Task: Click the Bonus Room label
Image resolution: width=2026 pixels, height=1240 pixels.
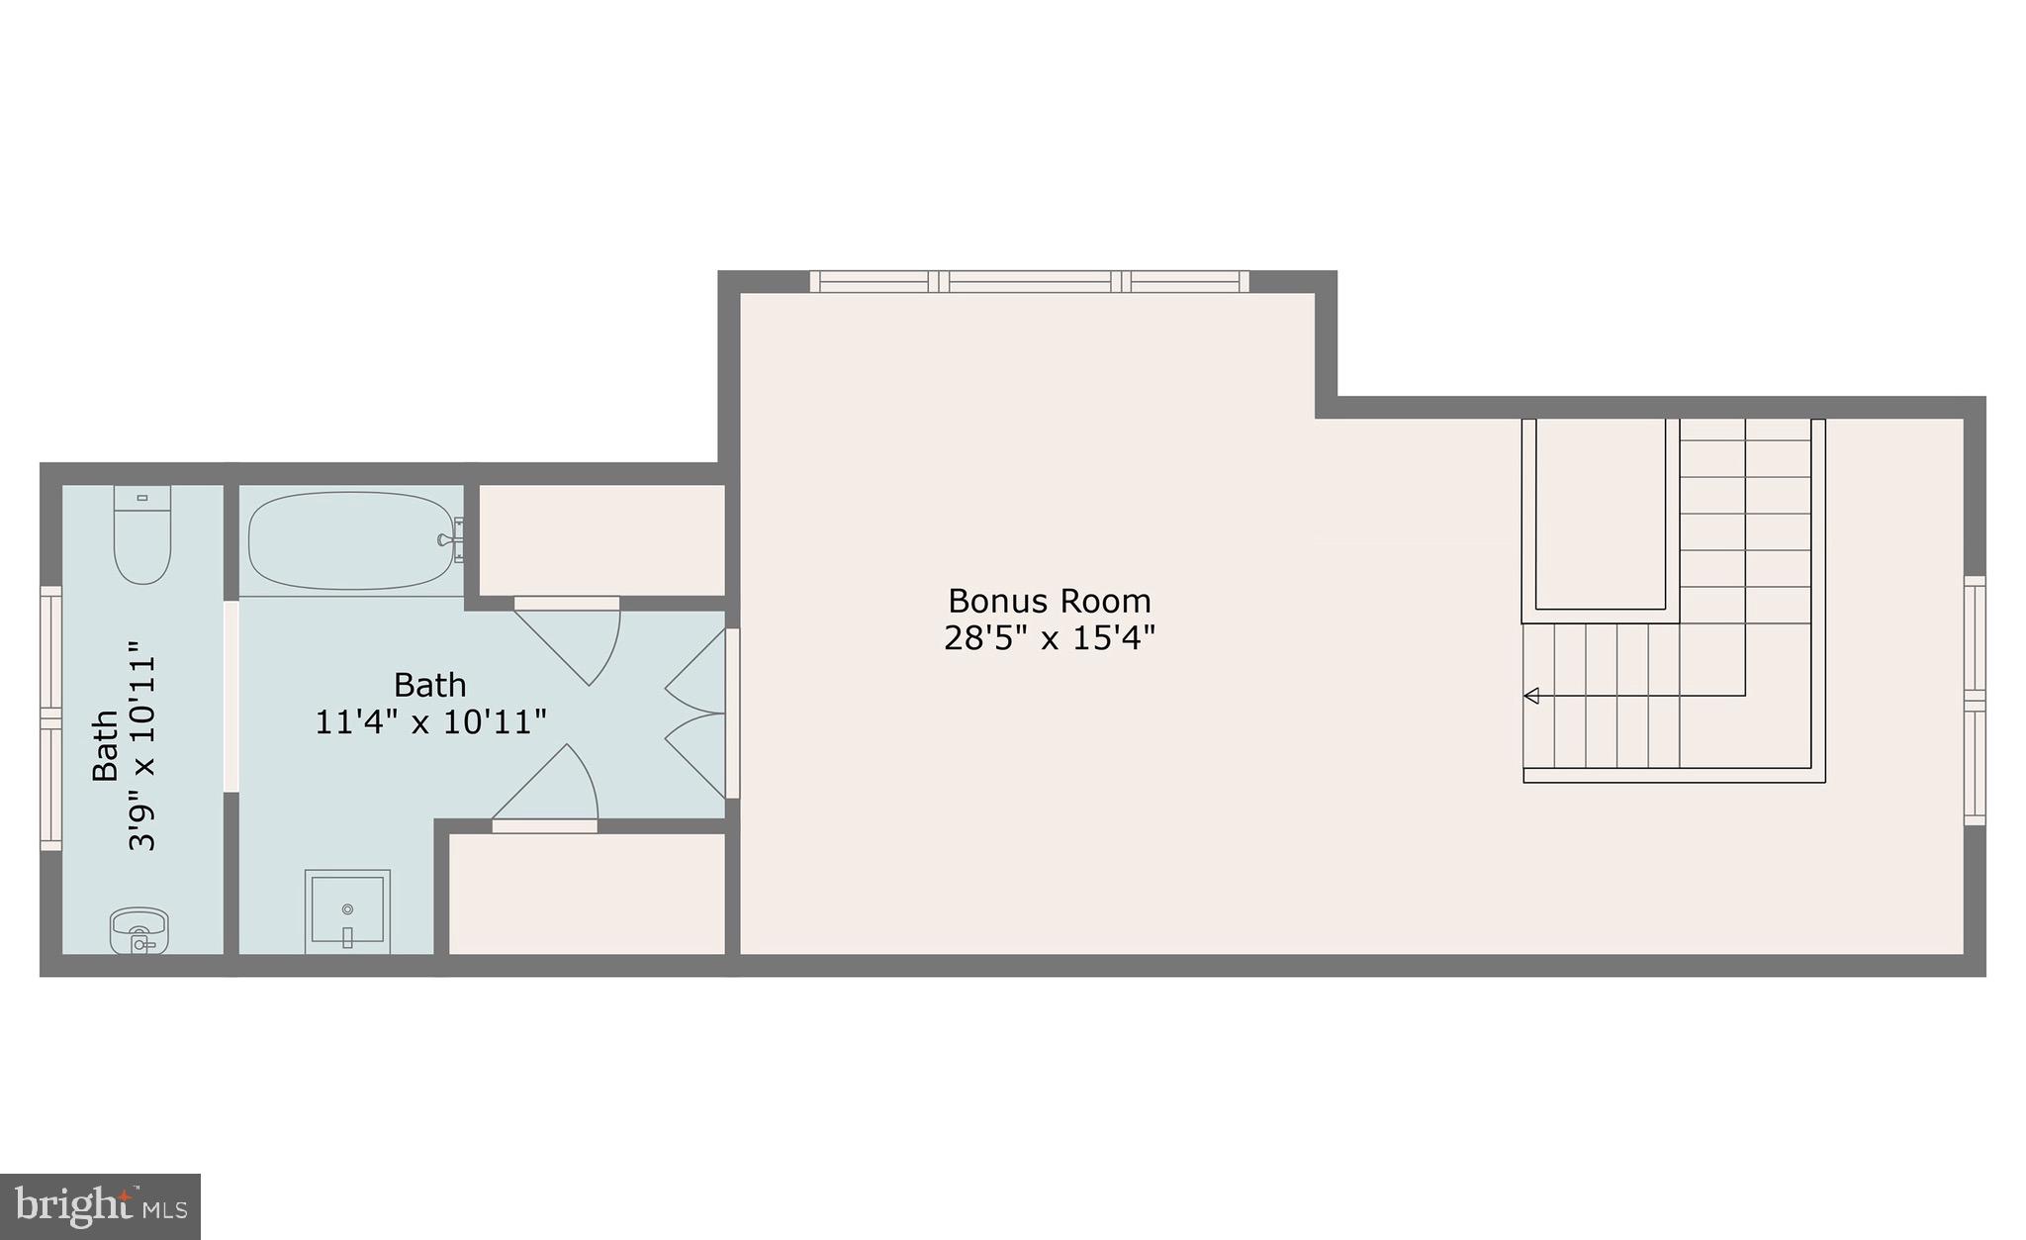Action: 1049,601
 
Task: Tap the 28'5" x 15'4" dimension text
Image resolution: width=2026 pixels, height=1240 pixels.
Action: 1049,638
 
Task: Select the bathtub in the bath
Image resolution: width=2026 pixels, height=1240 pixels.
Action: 351,541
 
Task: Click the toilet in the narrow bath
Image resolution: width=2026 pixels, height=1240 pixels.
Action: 142,534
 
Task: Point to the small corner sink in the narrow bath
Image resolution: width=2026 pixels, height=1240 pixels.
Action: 138,930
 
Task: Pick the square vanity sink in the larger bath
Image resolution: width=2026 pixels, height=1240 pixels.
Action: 346,910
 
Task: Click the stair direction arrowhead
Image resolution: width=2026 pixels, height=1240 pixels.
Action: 1531,696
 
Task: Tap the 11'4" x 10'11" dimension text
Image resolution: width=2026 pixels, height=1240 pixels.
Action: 430,722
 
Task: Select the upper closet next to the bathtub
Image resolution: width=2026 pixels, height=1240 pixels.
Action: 601,539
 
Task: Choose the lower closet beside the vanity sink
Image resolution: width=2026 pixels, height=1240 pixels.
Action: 588,894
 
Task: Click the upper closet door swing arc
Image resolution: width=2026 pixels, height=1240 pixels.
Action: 584,643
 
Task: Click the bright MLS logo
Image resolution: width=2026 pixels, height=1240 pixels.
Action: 101,1206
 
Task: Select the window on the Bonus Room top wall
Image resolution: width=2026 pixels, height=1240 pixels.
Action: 1029,282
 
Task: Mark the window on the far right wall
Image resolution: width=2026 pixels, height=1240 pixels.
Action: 1974,701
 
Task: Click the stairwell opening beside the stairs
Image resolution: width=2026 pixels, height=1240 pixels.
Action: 1601,515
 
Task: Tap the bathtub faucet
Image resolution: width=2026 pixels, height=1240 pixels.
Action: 450,540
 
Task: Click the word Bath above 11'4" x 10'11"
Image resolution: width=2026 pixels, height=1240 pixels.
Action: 430,685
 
